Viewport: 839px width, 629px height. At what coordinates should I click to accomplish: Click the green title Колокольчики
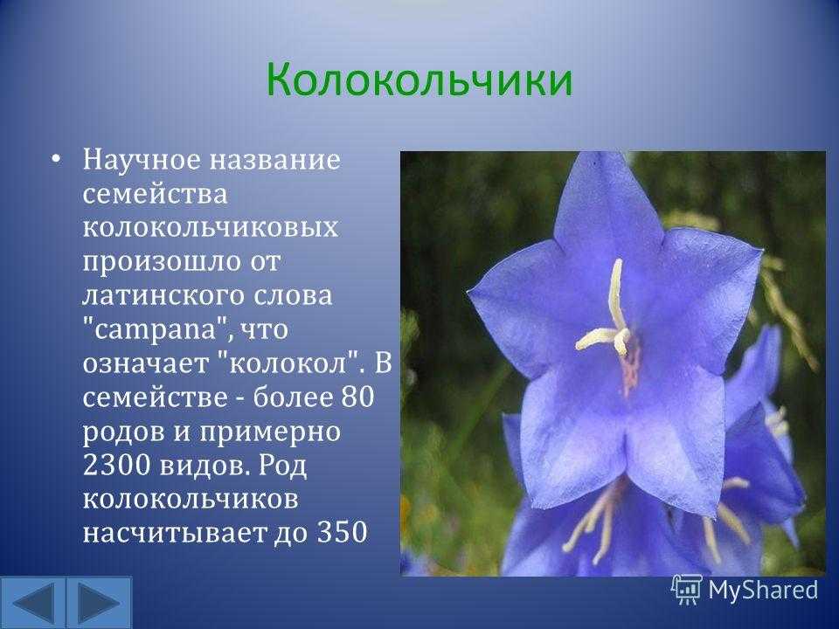coord(419,79)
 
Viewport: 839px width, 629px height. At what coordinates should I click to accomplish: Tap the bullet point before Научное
coord(56,159)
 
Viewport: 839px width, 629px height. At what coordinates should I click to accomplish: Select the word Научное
coord(141,159)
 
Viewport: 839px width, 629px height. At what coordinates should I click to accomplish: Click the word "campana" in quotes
coord(156,329)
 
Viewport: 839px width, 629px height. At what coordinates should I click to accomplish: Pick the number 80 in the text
coord(357,397)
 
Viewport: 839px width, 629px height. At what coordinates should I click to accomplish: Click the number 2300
coord(116,465)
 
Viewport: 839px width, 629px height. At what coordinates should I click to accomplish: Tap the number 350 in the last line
coord(343,532)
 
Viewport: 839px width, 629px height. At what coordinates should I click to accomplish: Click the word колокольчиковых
coord(211,227)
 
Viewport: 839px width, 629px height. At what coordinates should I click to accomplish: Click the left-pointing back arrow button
coord(33,603)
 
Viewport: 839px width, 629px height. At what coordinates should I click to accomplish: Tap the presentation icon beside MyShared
coord(687,590)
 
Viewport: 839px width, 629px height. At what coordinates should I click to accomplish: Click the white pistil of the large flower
coord(611,314)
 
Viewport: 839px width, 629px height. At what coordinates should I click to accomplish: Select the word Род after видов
coord(283,467)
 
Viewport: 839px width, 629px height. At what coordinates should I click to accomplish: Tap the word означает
coord(146,363)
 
